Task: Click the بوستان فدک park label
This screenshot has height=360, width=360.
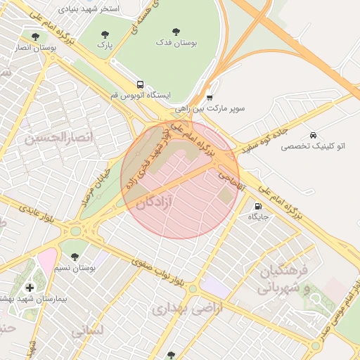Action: click(x=176, y=43)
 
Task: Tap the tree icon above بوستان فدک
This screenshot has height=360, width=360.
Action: click(x=176, y=31)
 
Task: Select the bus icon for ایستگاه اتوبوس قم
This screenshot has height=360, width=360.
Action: click(x=140, y=84)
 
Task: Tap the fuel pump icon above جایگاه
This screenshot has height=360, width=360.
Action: click(x=258, y=206)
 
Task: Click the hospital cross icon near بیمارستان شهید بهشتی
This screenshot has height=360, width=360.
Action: click(x=30, y=288)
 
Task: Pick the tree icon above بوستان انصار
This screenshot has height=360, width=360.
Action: click(x=35, y=36)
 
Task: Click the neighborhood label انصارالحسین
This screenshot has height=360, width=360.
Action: click(x=58, y=136)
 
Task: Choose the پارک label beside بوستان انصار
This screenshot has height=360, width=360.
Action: click(x=105, y=45)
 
